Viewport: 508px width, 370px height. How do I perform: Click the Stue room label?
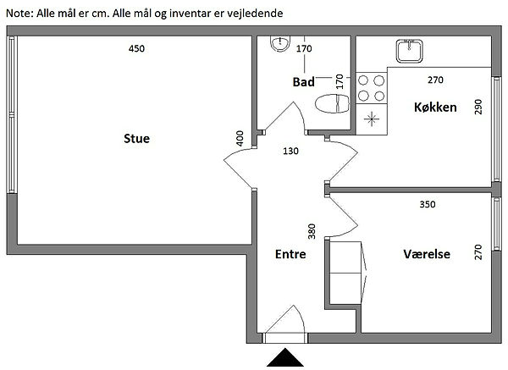136,139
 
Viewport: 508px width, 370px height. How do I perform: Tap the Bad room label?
304,82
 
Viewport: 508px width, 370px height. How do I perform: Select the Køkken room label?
435,108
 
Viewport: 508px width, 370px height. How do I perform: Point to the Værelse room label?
427,254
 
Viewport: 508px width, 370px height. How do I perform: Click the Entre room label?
290,254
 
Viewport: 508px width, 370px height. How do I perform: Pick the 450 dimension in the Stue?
136,48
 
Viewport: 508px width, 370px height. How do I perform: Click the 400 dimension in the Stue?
240,138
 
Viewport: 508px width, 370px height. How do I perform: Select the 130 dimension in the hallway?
290,151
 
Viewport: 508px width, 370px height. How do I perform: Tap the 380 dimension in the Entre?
312,231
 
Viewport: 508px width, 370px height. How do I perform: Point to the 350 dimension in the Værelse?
428,204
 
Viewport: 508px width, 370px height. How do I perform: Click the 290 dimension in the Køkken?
478,107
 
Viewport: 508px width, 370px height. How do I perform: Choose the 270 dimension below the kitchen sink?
435,80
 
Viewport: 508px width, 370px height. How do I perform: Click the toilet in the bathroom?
333,103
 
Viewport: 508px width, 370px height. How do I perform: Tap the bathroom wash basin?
280,44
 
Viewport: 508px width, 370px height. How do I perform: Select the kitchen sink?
410,51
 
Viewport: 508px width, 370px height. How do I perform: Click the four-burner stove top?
372,88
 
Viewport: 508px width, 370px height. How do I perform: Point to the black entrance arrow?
285,357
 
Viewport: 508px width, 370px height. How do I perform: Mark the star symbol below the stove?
372,119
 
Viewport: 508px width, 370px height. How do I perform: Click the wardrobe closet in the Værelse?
345,273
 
